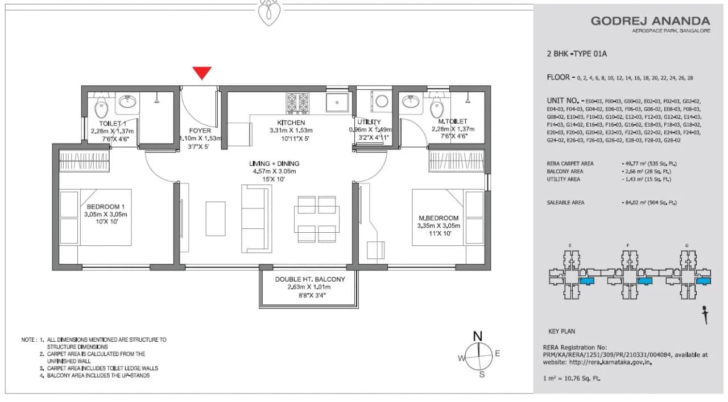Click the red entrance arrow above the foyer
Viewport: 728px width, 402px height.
[201, 73]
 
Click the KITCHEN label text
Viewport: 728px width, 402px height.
[291, 123]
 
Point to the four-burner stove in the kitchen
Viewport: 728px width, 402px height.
[297, 103]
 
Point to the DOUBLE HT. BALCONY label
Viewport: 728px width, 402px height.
[310, 279]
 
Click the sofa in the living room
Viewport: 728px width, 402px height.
[256, 219]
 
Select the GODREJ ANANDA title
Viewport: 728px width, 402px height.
[650, 21]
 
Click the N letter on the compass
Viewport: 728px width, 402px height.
[478, 334]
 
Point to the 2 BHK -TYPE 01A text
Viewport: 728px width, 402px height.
[577, 54]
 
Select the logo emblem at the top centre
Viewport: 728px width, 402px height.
[268, 13]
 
